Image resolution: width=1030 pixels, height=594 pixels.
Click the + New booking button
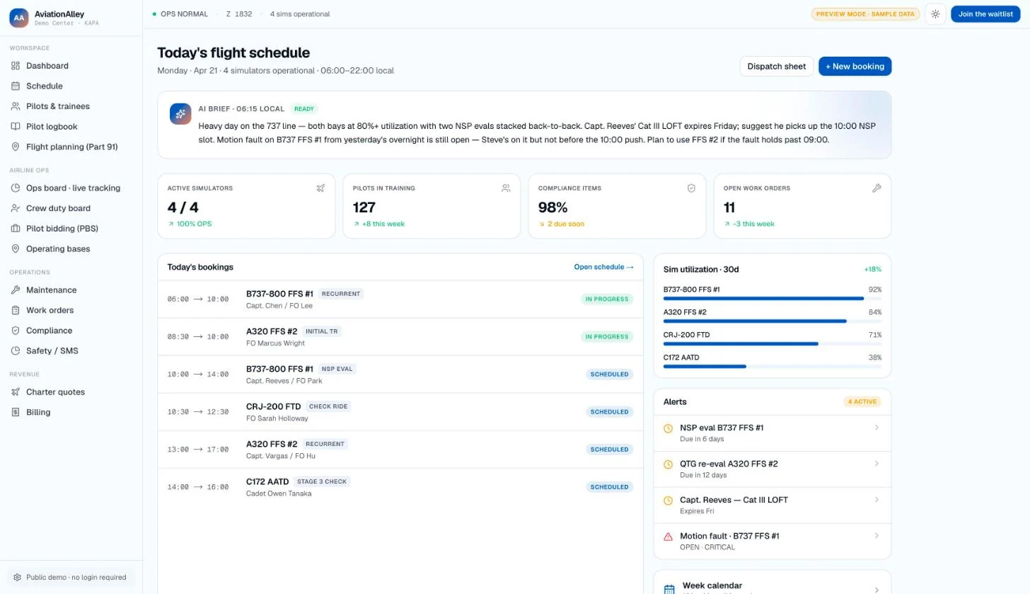pyautogui.click(x=855, y=67)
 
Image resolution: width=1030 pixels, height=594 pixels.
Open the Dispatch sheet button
pyautogui.click(x=776, y=67)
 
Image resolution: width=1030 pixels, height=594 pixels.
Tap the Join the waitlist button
pyautogui.click(x=985, y=13)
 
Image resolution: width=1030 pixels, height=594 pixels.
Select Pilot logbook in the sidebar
pyautogui.click(x=52, y=127)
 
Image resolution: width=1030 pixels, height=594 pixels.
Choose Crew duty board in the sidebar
pyautogui.click(x=58, y=208)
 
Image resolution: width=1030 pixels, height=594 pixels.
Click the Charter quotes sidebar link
pyautogui.click(x=55, y=392)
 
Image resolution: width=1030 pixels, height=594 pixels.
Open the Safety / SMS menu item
pyautogui.click(x=52, y=350)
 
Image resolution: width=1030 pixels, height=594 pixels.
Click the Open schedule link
pyautogui.click(x=603, y=267)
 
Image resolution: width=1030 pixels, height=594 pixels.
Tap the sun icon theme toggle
pyautogui.click(x=935, y=14)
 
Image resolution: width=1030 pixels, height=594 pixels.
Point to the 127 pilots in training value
pyautogui.click(x=364, y=207)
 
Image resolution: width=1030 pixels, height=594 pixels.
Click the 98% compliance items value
pyautogui.click(x=552, y=207)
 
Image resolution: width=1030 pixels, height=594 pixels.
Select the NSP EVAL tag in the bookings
pyautogui.click(x=337, y=369)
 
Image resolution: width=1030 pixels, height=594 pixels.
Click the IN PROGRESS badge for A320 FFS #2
pyautogui.click(x=606, y=337)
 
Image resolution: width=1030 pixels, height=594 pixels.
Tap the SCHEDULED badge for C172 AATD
pyautogui.click(x=609, y=487)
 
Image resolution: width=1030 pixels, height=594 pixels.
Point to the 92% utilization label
pyautogui.click(x=874, y=290)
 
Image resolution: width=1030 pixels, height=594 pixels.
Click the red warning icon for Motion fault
pyautogui.click(x=668, y=537)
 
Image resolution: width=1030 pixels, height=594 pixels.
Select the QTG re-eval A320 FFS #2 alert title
pyautogui.click(x=729, y=464)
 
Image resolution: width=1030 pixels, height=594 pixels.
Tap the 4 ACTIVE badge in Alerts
pyautogui.click(x=862, y=401)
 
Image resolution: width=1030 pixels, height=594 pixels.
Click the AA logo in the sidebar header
pyautogui.click(x=19, y=18)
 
